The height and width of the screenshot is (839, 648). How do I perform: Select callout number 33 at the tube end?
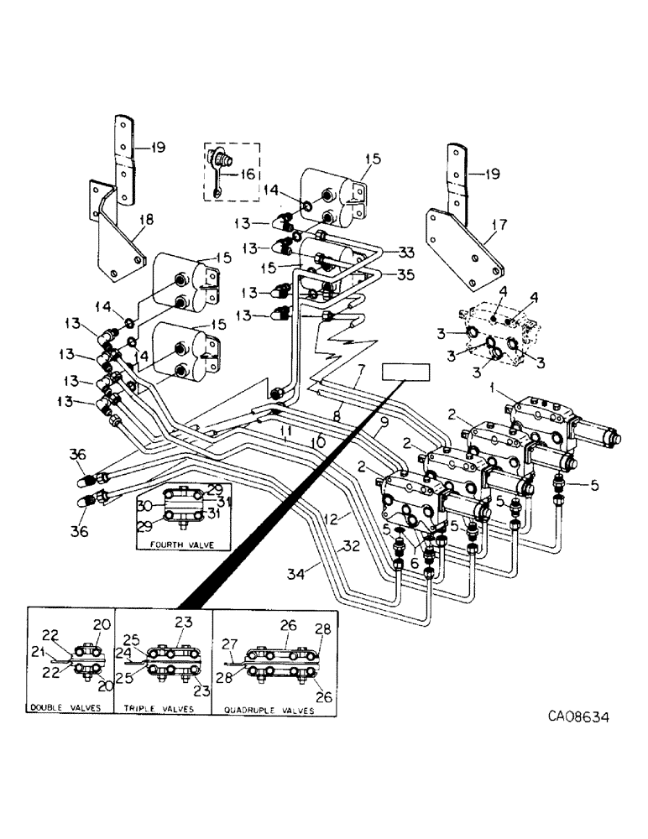click(406, 253)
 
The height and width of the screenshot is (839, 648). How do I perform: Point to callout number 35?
click(406, 273)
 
